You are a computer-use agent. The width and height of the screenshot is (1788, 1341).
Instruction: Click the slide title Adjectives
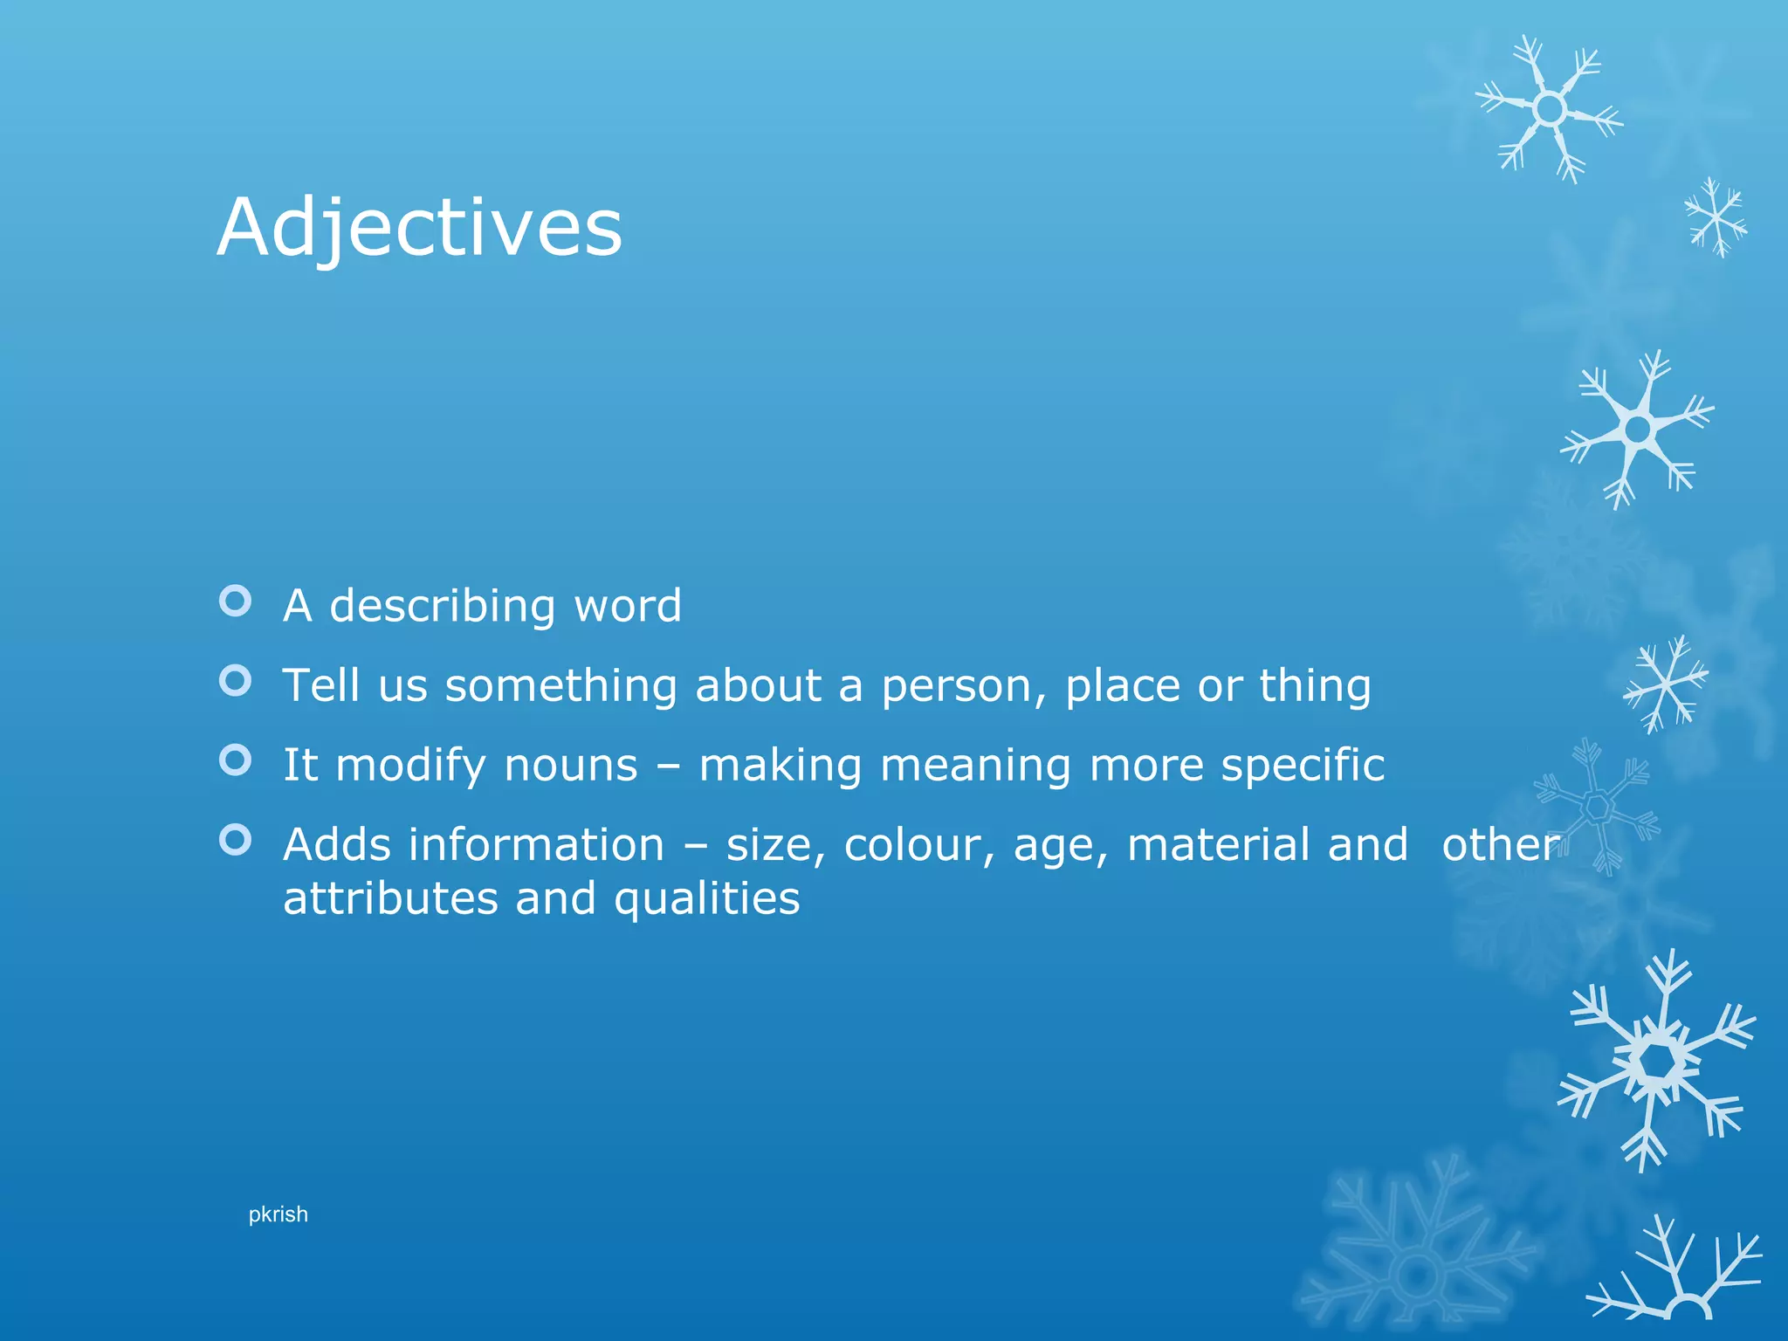(x=419, y=228)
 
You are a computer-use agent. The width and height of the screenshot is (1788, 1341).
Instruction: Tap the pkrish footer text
(x=278, y=1214)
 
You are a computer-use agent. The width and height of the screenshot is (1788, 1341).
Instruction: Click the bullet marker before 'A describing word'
(x=236, y=601)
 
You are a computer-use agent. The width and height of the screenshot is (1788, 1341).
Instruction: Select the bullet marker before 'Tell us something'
(x=236, y=680)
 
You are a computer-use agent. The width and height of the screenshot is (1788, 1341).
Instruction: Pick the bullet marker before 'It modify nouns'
(x=236, y=760)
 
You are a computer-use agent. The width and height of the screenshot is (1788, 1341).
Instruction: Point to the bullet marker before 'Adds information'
(x=236, y=840)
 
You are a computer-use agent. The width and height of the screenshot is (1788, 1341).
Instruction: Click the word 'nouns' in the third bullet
(x=571, y=766)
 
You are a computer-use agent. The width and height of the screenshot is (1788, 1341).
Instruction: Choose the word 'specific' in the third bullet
(x=1303, y=766)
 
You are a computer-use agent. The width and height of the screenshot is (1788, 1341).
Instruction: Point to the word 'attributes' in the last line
(x=392, y=898)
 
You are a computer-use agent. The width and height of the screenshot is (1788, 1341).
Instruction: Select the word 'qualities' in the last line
(x=706, y=900)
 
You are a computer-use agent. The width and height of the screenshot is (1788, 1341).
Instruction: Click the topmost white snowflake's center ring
(x=1550, y=109)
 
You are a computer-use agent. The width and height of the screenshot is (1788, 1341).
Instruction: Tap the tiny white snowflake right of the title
(x=1716, y=217)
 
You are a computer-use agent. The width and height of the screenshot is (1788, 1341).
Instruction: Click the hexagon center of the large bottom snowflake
(x=1656, y=1061)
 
